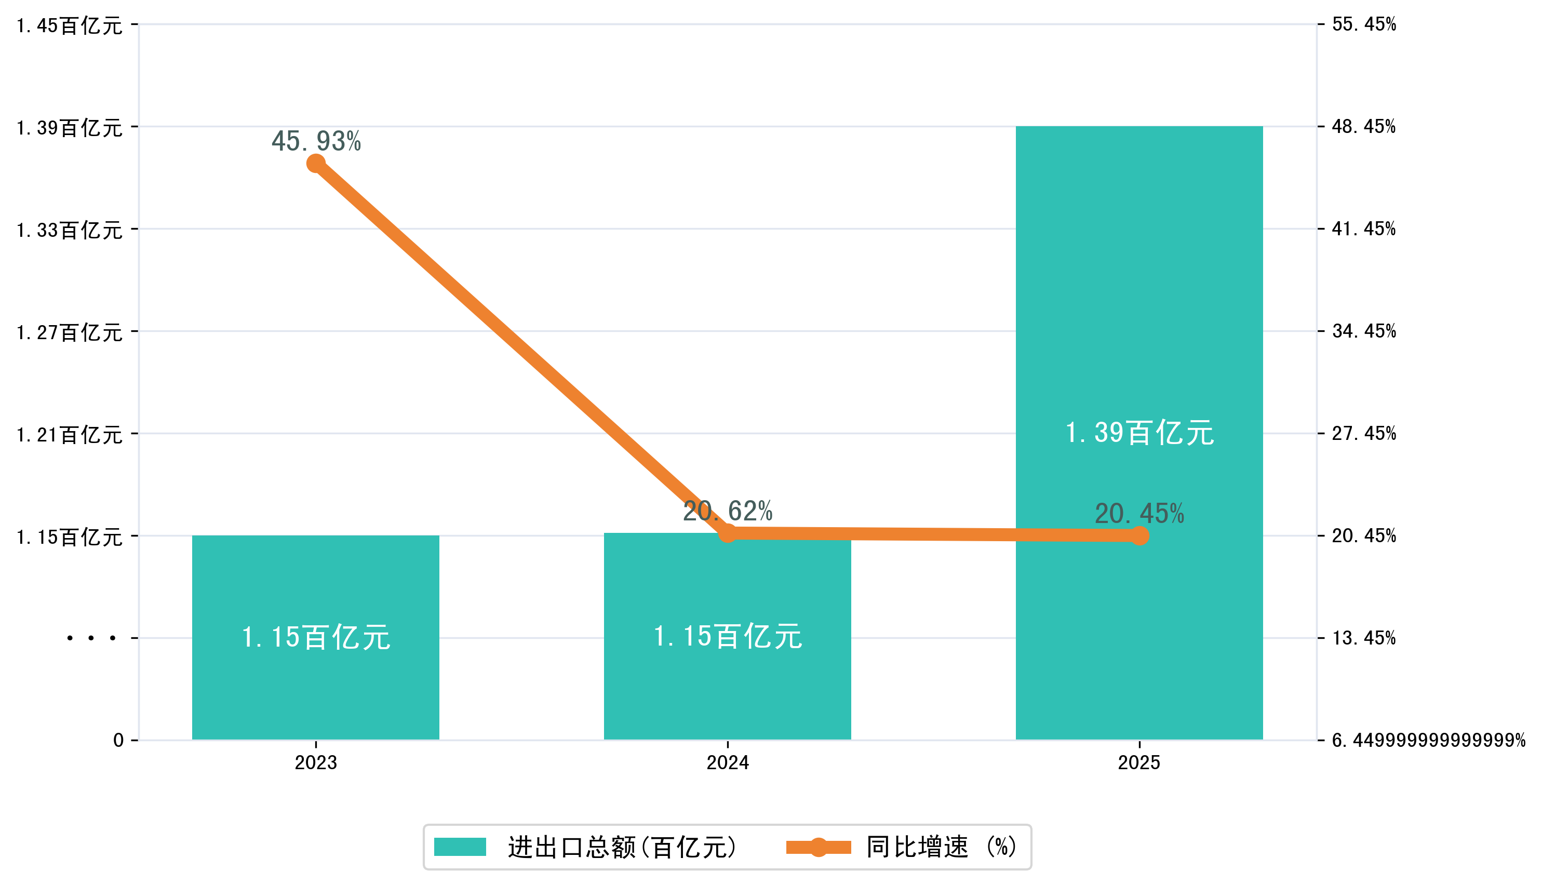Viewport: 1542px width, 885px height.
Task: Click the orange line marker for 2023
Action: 315,164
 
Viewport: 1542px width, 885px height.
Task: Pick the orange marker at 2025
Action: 1139,535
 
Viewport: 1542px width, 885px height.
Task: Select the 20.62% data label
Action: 728,511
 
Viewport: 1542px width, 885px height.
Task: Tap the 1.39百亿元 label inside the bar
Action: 1139,433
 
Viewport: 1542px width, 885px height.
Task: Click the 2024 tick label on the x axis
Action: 728,762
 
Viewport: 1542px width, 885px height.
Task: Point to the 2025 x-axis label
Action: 1139,762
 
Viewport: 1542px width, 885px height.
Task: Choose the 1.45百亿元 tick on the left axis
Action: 69,25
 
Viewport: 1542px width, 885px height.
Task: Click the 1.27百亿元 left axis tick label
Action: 69,332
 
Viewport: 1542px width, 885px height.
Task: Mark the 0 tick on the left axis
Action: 118,740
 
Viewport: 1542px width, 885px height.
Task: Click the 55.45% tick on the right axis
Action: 1364,24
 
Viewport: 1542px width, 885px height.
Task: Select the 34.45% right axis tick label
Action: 1364,331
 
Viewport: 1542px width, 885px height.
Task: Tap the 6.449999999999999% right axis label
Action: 1428,740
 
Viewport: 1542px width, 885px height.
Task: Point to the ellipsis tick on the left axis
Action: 91,638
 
